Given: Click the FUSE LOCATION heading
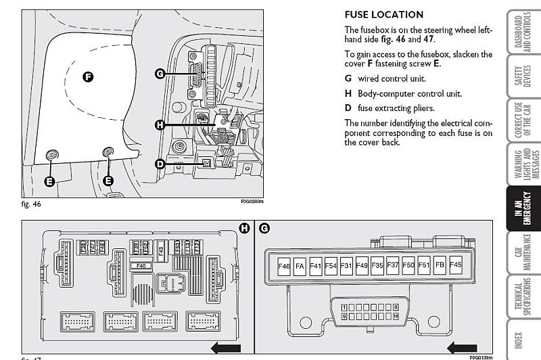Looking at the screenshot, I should point(383,14).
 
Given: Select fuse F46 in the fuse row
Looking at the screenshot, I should point(284,267).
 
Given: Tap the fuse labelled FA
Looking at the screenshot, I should point(300,267).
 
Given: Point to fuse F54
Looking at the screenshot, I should point(331,267).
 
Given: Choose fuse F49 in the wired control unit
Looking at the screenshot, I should point(362,267).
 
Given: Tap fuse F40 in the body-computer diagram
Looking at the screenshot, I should point(141,266).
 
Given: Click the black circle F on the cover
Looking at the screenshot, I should point(87,76).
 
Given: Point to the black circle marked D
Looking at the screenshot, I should point(160,164).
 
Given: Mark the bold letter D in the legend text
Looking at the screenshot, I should point(348,108).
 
